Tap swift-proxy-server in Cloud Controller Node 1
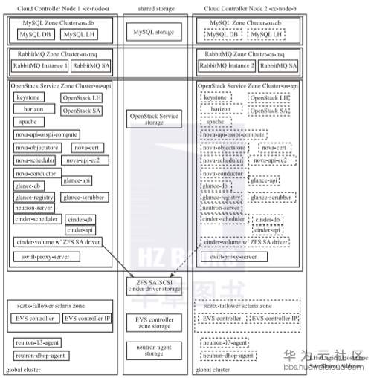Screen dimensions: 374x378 [x=45, y=256]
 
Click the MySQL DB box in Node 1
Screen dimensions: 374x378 [x=33, y=34]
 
